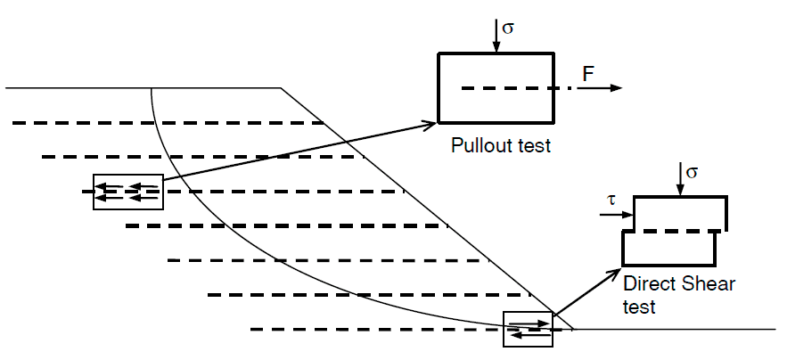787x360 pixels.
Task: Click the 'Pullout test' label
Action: [501, 145]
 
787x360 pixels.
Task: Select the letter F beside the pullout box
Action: [588, 74]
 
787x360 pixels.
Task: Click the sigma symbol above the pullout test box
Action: [508, 29]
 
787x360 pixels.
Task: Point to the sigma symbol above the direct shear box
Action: [692, 172]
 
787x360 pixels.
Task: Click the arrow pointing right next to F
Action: [599, 88]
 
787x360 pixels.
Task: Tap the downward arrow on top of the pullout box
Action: [496, 36]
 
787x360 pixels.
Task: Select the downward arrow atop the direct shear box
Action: [680, 179]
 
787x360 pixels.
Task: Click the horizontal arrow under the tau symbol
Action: [617, 215]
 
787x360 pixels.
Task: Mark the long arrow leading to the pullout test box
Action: [299, 151]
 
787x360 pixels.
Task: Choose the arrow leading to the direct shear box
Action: [586, 292]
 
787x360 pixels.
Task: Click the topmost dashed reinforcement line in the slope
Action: [168, 123]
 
